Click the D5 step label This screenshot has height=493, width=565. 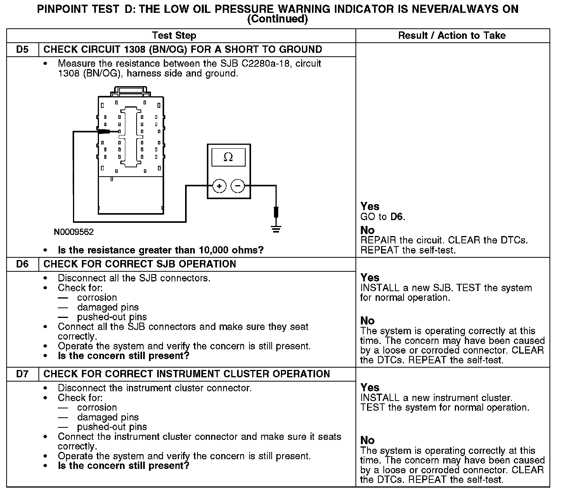23,50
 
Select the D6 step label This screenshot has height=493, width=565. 23,264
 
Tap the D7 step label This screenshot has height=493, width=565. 23,374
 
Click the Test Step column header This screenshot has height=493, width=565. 174,36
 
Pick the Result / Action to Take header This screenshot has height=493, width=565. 452,36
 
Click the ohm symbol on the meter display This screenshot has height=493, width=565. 229,157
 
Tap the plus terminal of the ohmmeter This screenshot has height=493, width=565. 219,186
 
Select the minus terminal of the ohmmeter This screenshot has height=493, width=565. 238,186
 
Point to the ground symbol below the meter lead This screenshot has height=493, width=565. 276,229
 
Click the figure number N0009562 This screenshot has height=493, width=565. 74,232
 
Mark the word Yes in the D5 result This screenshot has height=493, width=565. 370,207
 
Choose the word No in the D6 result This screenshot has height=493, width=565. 367,321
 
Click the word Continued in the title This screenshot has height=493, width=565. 277,19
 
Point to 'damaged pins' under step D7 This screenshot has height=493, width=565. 108,417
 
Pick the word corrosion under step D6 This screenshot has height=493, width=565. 97,298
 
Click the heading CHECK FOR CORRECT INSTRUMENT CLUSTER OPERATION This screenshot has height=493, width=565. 187,374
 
